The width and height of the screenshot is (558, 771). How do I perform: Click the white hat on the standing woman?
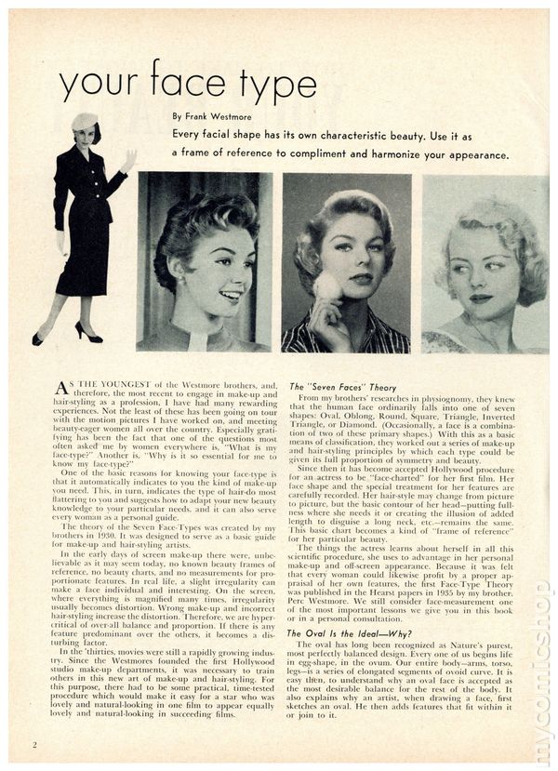85,121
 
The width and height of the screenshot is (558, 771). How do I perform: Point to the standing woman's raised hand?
128,159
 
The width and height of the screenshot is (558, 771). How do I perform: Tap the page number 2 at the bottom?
34,744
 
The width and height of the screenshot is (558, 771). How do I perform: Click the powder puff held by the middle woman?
327,286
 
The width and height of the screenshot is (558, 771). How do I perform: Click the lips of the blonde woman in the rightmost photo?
480,299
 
